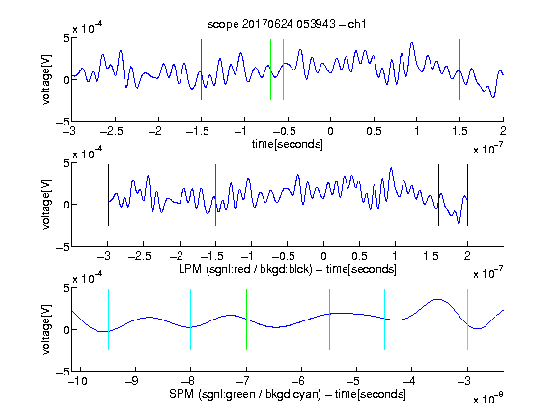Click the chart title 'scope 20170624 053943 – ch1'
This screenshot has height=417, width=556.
click(x=287, y=24)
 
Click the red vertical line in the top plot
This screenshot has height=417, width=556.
click(x=201, y=69)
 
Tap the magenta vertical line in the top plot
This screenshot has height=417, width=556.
click(x=459, y=69)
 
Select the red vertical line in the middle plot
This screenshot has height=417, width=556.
click(x=215, y=195)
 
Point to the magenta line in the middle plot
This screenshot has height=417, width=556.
click(x=431, y=195)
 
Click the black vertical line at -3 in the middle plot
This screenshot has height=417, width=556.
click(x=108, y=195)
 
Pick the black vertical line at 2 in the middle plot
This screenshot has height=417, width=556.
click(x=467, y=195)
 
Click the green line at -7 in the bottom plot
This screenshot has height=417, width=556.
click(x=246, y=320)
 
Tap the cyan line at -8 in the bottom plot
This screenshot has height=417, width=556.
click(x=191, y=320)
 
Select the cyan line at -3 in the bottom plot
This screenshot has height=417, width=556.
click(x=467, y=320)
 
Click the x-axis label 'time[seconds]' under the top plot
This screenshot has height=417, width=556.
click(x=288, y=144)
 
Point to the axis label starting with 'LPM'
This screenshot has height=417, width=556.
click(x=288, y=269)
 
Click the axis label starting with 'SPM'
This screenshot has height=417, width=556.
click(x=288, y=394)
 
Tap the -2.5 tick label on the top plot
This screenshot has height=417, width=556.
click(x=112, y=131)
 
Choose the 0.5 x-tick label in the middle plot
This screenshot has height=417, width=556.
click(x=359, y=256)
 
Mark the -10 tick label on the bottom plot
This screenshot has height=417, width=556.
click(x=77, y=381)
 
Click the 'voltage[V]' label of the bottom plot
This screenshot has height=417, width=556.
click(x=46, y=329)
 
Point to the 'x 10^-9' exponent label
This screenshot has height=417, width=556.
click(x=487, y=399)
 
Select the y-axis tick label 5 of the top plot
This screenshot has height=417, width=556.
click(x=67, y=38)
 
